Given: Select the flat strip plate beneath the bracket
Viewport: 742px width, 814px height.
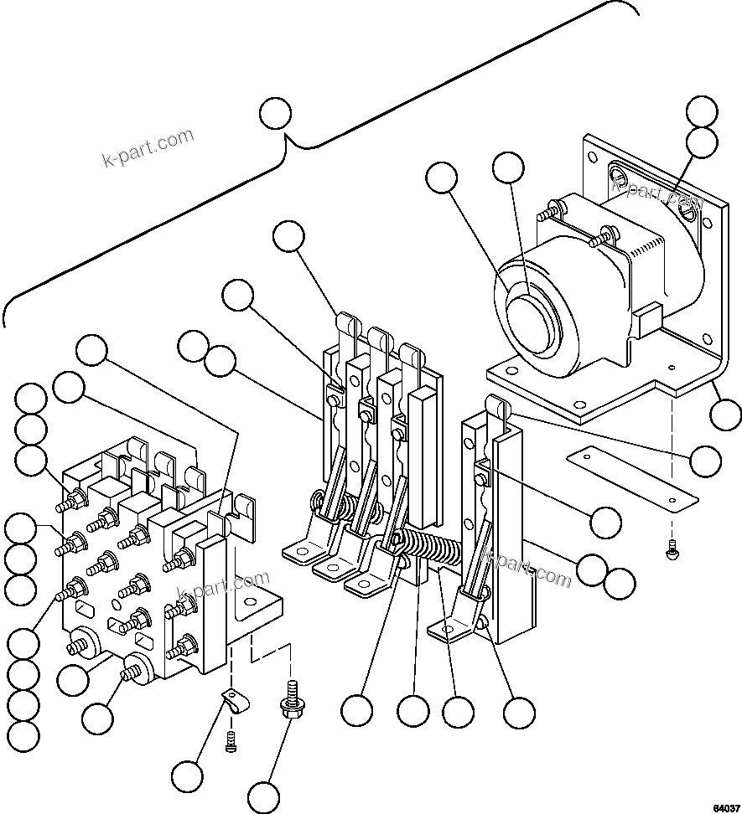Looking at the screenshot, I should coord(632,476).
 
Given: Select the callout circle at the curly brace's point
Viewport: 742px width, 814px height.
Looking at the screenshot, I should coord(275,113).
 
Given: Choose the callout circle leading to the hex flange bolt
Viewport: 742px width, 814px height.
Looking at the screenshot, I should coord(263,796).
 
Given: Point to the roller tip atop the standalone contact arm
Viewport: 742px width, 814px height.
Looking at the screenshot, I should coord(497,408).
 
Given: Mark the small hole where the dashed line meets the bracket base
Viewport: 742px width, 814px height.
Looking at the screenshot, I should coord(672,366).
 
